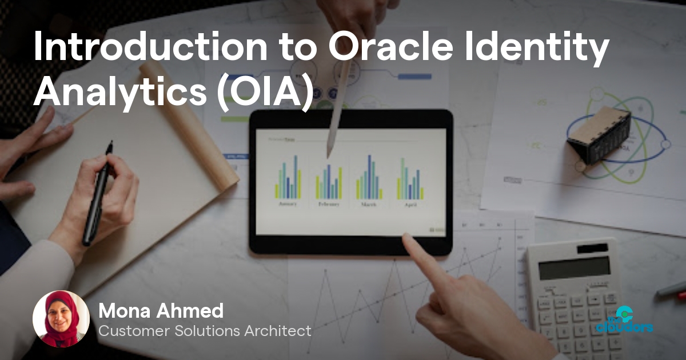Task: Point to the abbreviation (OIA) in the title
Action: (x=266, y=93)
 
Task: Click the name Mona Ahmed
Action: (x=161, y=311)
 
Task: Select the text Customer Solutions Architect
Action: (x=205, y=331)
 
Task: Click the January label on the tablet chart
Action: (x=288, y=204)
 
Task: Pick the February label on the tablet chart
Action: (x=329, y=205)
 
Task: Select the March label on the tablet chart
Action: (x=369, y=204)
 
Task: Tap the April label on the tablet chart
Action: (x=410, y=204)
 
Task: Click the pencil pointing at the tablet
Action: (x=337, y=114)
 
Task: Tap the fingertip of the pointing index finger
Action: (x=406, y=239)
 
